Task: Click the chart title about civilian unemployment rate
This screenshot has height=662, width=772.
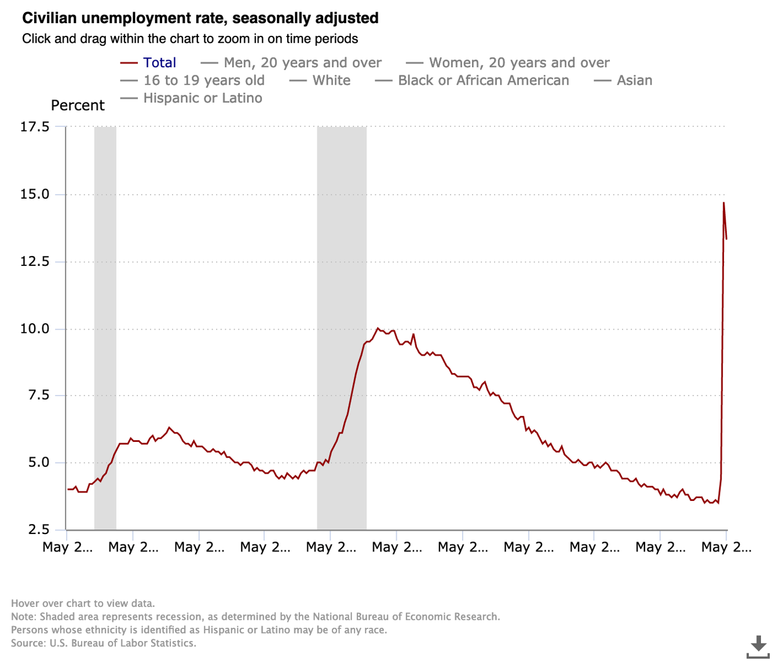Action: tap(200, 18)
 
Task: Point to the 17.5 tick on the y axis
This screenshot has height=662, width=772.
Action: tap(35, 126)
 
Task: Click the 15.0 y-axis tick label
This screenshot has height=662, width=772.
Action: tap(35, 194)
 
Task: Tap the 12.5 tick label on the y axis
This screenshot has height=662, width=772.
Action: tap(35, 261)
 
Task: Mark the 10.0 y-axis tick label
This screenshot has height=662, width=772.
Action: tap(35, 328)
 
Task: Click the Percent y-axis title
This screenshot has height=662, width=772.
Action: tap(78, 105)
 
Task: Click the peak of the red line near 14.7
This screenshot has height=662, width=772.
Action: tap(724, 203)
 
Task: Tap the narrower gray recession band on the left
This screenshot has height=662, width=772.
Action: tap(105, 327)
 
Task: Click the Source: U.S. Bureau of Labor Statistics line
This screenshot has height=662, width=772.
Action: tap(104, 643)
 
